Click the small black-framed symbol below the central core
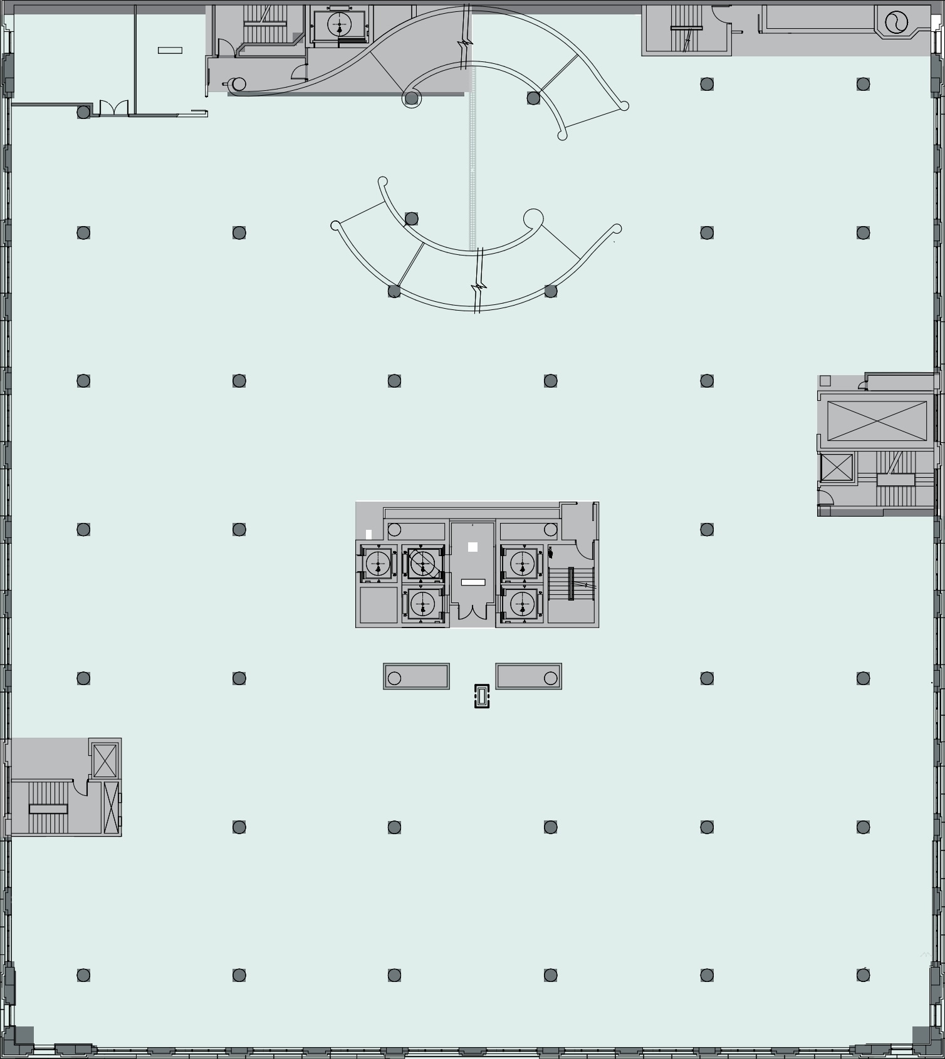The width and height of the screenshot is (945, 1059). [481, 696]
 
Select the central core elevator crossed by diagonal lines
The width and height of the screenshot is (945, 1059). [423, 563]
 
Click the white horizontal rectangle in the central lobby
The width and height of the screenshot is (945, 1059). [473, 582]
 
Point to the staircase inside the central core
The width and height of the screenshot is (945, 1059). [571, 584]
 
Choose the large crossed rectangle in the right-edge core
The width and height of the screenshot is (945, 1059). [877, 421]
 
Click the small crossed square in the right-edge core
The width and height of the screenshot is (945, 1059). [837, 467]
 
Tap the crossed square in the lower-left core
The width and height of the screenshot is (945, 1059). [105, 760]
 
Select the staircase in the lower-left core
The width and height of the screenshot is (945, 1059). [48, 808]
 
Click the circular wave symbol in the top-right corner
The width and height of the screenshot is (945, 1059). [896, 23]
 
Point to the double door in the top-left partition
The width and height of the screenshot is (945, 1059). [114, 108]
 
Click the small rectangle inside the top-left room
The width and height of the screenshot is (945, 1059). [170, 50]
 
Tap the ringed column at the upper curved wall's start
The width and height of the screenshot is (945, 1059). [411, 98]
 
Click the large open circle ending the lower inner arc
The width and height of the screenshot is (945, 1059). [533, 219]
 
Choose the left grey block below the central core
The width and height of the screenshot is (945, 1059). [416, 676]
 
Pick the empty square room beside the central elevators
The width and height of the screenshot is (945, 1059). [379, 605]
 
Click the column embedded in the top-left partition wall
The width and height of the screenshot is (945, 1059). [83, 112]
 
